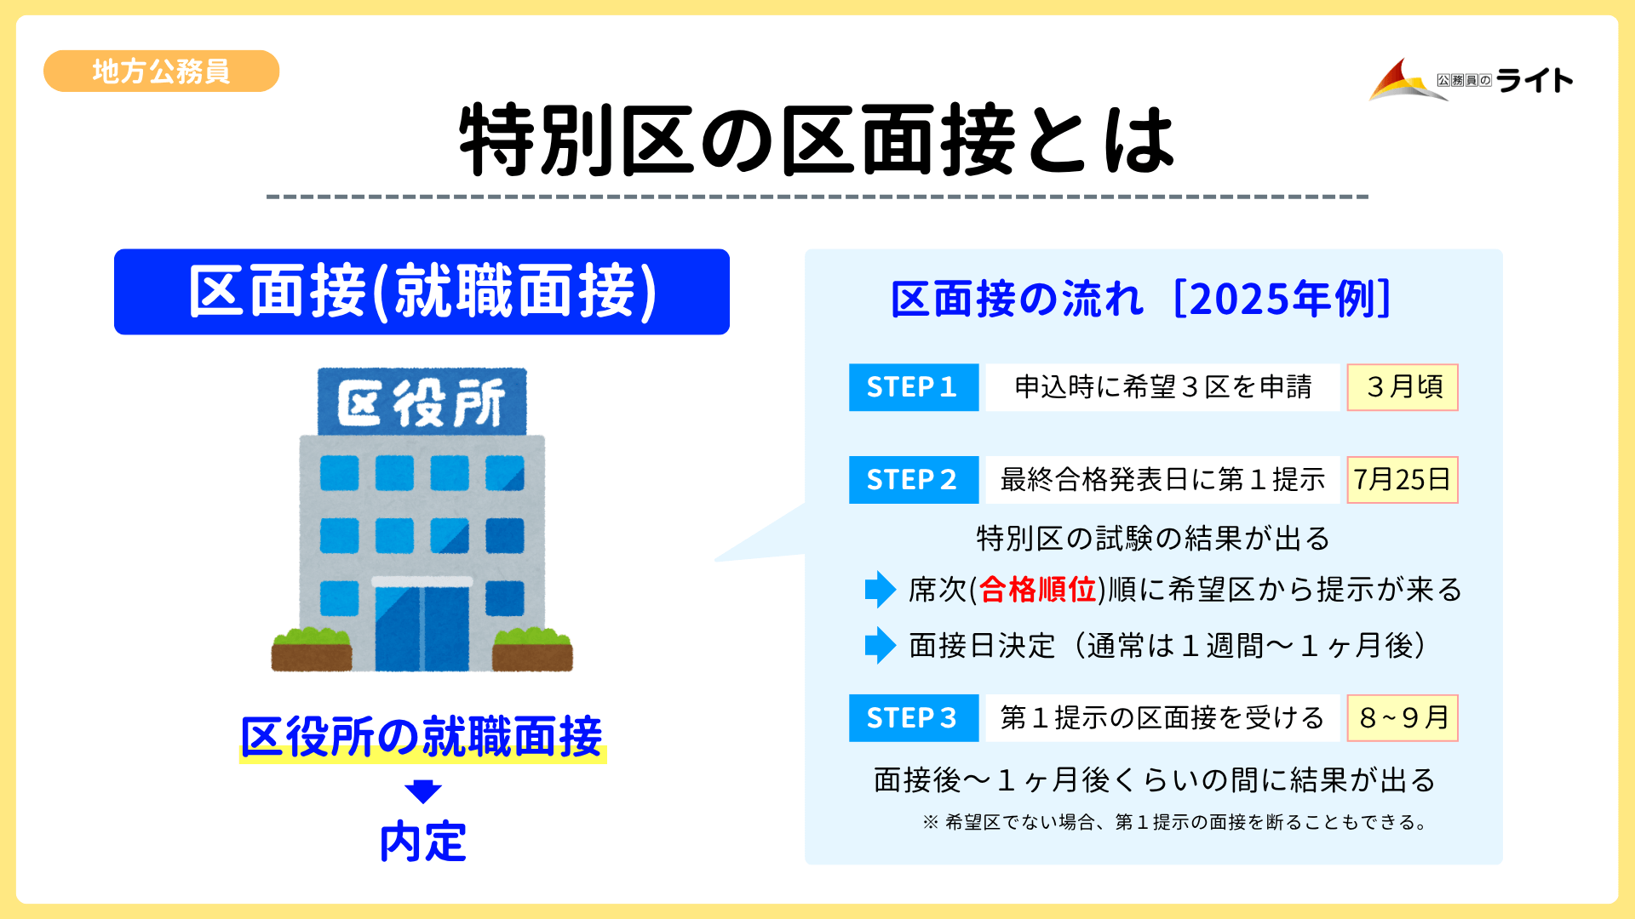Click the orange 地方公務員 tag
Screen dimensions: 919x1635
point(161,71)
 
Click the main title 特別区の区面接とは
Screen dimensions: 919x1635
point(817,140)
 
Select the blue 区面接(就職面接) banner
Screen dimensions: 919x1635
point(422,292)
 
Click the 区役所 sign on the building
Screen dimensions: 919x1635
point(422,402)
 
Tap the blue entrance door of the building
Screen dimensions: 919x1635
point(422,627)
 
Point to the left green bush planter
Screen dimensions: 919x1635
point(311,649)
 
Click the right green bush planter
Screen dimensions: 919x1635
point(532,649)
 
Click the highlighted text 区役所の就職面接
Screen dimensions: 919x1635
point(422,737)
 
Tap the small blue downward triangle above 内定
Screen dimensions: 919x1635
point(422,791)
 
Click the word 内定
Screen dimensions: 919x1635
point(422,842)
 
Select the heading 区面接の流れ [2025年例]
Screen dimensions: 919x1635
point(1141,299)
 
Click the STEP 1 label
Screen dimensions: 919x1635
point(913,387)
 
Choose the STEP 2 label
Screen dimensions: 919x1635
point(913,480)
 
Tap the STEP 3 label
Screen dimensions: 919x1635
point(913,718)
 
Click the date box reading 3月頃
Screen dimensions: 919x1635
point(1403,387)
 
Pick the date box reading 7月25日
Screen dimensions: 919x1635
point(1403,480)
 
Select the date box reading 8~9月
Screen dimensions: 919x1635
point(1403,718)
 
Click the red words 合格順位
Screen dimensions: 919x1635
point(1037,590)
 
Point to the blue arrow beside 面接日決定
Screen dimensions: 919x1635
point(880,646)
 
